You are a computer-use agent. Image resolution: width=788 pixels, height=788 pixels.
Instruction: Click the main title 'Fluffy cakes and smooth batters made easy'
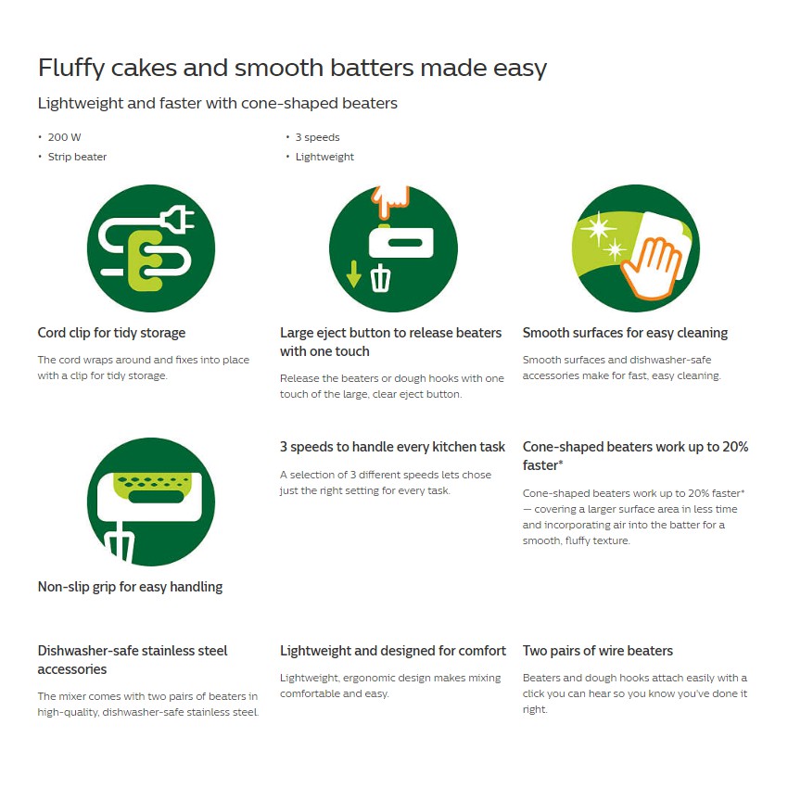point(292,68)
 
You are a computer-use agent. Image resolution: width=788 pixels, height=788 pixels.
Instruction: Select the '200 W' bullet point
point(64,137)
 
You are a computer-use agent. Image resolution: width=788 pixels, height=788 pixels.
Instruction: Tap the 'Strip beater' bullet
point(77,157)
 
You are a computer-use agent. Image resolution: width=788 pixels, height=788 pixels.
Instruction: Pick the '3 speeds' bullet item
point(317,137)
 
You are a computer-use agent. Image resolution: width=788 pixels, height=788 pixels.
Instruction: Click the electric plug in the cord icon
point(177,219)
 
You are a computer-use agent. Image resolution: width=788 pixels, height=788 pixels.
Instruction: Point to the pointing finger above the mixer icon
point(389,201)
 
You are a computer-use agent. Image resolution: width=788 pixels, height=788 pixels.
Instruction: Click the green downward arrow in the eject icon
point(354,274)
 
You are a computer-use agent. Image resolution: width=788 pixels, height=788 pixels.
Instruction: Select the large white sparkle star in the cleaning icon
point(598,229)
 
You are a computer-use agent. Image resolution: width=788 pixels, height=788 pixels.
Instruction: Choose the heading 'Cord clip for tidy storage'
point(111,333)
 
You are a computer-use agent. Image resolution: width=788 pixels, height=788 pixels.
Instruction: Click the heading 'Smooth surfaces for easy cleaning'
point(625,333)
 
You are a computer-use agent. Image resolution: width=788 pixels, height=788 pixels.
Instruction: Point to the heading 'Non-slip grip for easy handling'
point(130,587)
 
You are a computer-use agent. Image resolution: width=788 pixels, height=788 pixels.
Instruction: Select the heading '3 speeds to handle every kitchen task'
point(392,447)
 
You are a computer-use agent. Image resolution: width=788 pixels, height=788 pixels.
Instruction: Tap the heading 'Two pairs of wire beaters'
point(598,651)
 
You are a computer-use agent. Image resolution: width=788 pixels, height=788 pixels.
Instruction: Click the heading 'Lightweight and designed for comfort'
point(393,651)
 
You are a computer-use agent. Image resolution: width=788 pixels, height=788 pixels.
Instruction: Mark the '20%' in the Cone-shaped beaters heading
point(735,447)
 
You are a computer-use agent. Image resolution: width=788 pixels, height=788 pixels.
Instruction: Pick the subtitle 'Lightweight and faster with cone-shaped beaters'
point(218,103)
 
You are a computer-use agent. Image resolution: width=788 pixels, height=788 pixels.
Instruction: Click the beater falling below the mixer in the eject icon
point(380,278)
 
